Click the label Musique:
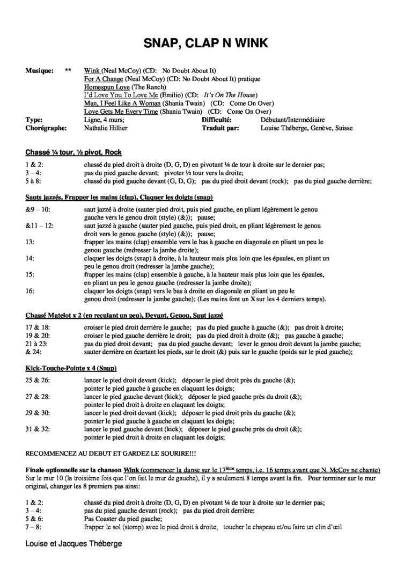pos(39,70)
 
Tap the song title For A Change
pos(99,78)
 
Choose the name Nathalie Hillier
pos(109,128)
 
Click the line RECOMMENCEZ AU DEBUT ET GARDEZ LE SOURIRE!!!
pos(111,450)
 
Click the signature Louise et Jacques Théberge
pos(73,543)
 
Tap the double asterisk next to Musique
pos(68,70)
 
